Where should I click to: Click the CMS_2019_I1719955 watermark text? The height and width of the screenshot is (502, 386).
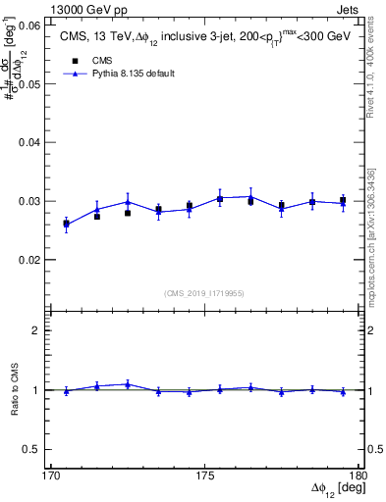204,292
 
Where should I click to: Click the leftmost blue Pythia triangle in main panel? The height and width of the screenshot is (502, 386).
66,225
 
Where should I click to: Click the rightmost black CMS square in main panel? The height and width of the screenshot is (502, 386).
343,201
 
